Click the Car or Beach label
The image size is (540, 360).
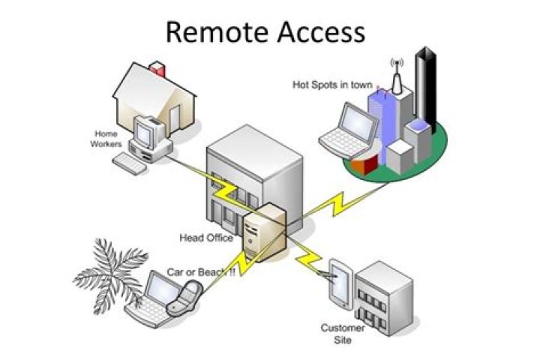[x=200, y=272]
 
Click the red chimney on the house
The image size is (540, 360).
[x=157, y=70]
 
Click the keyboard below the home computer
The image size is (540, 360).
[x=129, y=163]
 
